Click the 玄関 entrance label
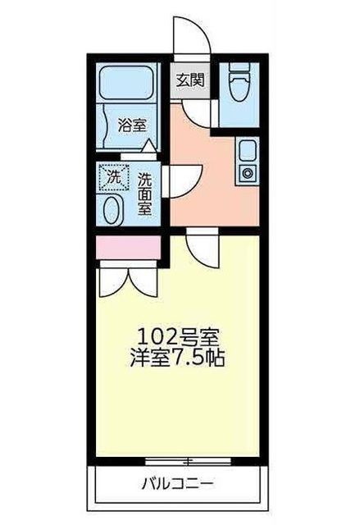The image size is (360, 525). [x=189, y=80]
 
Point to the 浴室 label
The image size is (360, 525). [x=131, y=126]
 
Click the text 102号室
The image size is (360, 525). [x=177, y=336]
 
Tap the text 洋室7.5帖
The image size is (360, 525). [x=177, y=358]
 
